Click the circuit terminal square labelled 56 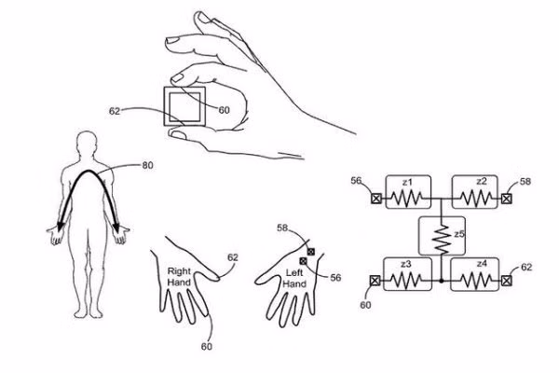pos(376,199)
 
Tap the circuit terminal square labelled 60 pos(375,279)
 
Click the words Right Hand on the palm pos(179,278)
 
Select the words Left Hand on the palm pos(294,278)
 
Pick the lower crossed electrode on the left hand pos(304,262)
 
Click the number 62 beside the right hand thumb pos(233,257)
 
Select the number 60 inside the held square pos(224,109)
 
